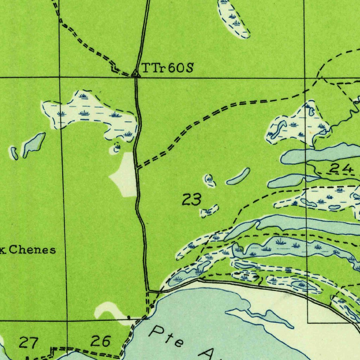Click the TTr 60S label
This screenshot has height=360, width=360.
[167, 67]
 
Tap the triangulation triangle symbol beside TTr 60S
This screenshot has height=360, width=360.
[135, 73]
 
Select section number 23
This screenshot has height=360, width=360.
[192, 200]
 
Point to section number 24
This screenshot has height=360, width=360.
[341, 169]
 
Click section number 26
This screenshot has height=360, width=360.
[101, 341]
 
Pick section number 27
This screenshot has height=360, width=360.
[28, 342]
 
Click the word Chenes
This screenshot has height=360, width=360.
[32, 250]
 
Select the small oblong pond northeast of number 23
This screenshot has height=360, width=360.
[238, 176]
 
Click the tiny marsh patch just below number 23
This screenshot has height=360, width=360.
[209, 211]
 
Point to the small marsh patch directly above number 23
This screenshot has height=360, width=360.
[210, 180]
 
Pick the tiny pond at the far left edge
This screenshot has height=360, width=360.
[14, 153]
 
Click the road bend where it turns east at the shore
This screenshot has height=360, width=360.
[148, 291]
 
